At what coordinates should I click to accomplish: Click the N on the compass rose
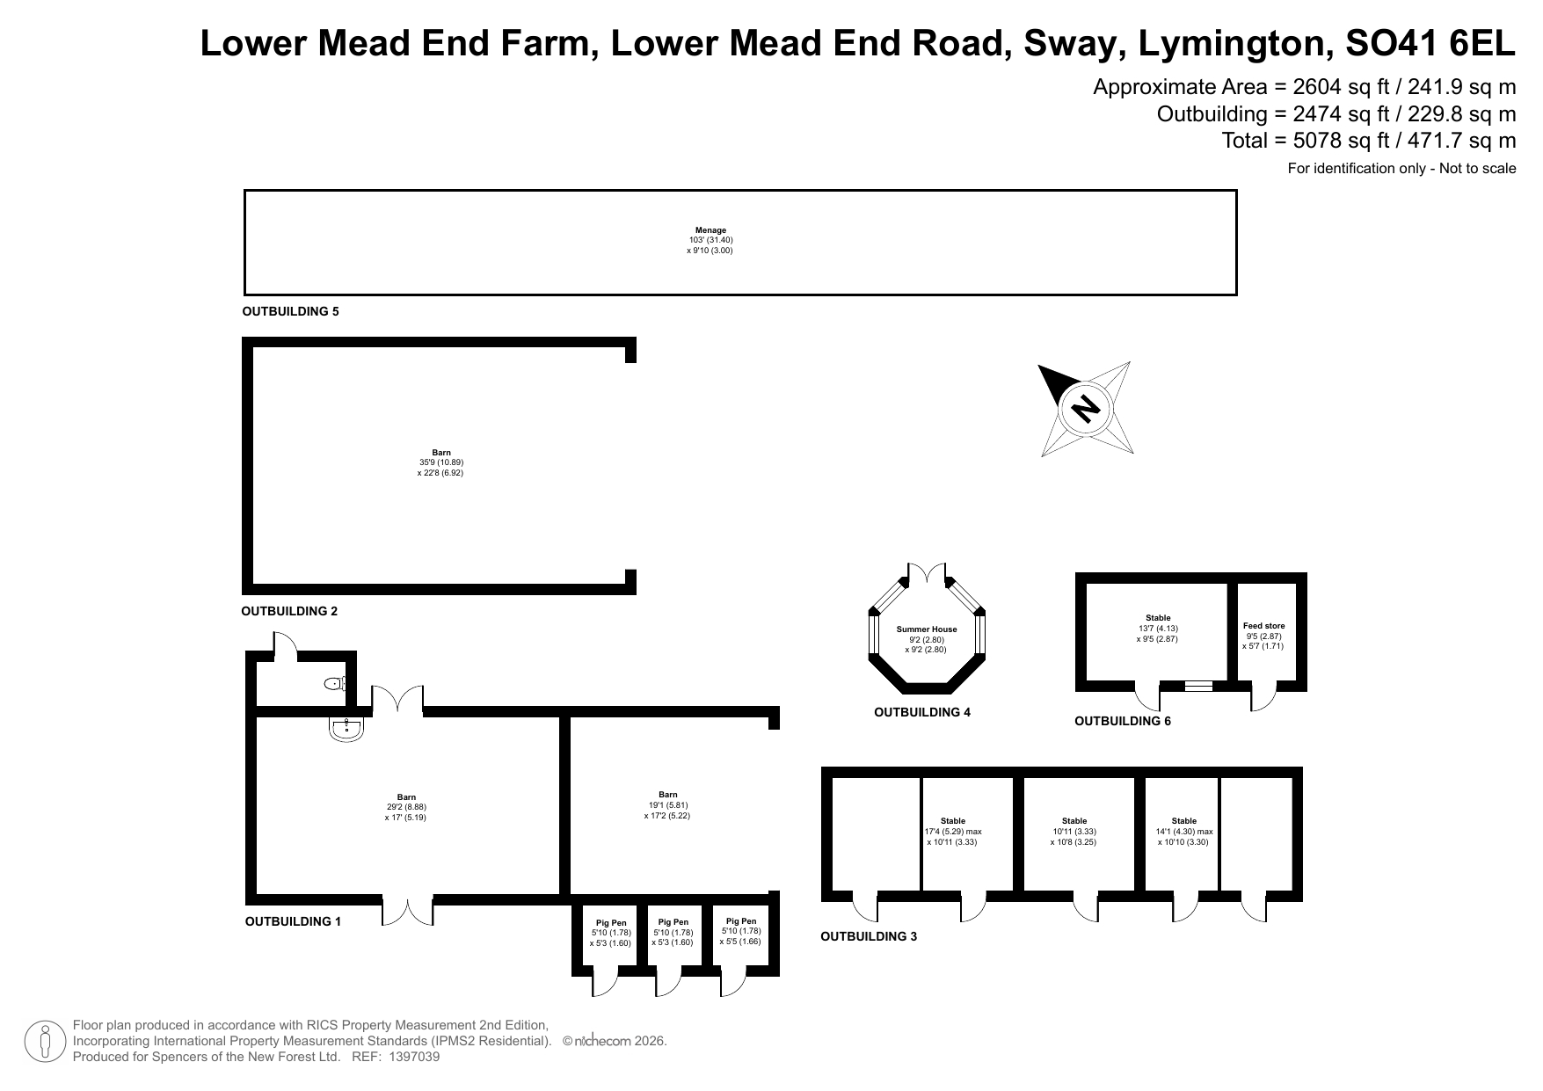1087,409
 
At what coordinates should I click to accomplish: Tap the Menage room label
710,230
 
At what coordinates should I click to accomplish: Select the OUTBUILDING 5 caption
290,311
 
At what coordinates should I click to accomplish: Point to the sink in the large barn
347,728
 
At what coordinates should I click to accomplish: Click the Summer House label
927,629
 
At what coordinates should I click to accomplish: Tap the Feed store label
1263,626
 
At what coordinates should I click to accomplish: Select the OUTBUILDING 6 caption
1123,721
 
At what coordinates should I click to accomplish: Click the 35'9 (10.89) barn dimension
441,462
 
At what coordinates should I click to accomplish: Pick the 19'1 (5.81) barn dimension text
668,805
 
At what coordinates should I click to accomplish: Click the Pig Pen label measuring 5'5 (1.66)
741,921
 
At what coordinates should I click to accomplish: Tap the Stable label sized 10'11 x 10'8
1074,821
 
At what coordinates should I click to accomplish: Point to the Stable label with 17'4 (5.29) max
953,821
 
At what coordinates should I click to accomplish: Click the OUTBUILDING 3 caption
869,936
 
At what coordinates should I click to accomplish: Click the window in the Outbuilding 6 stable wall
1198,686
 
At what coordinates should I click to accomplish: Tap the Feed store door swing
1263,698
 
